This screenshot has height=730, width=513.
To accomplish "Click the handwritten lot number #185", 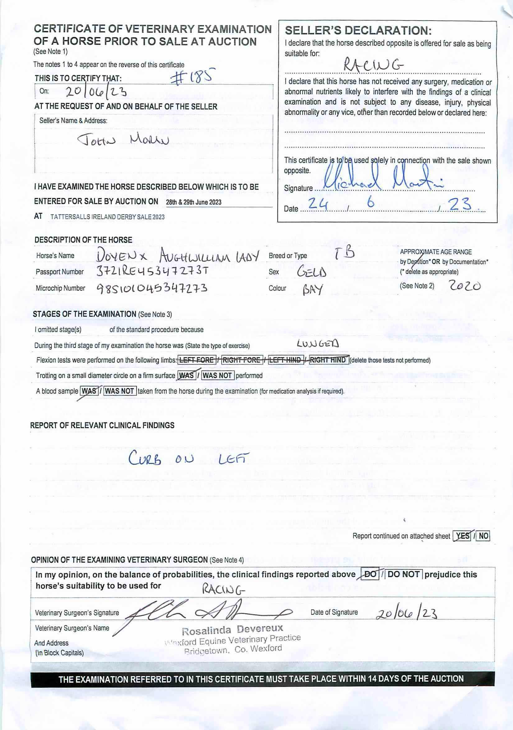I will click(193, 77).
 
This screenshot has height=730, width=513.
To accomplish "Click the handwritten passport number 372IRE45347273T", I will click(152, 271).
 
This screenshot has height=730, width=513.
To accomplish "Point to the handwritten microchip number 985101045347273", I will click(152, 289).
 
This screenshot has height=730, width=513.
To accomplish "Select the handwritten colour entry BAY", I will click(313, 289).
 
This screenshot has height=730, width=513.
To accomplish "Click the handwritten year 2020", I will click(465, 286).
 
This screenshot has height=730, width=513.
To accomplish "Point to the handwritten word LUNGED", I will click(318, 343).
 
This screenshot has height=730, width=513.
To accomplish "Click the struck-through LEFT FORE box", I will click(196, 360).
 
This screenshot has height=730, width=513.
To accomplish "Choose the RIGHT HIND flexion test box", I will click(329, 360).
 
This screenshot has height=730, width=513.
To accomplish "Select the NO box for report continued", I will click(483, 536).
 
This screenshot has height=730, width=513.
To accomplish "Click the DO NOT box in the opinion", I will click(404, 574).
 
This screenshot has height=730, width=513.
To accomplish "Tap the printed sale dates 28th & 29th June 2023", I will click(194, 202).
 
